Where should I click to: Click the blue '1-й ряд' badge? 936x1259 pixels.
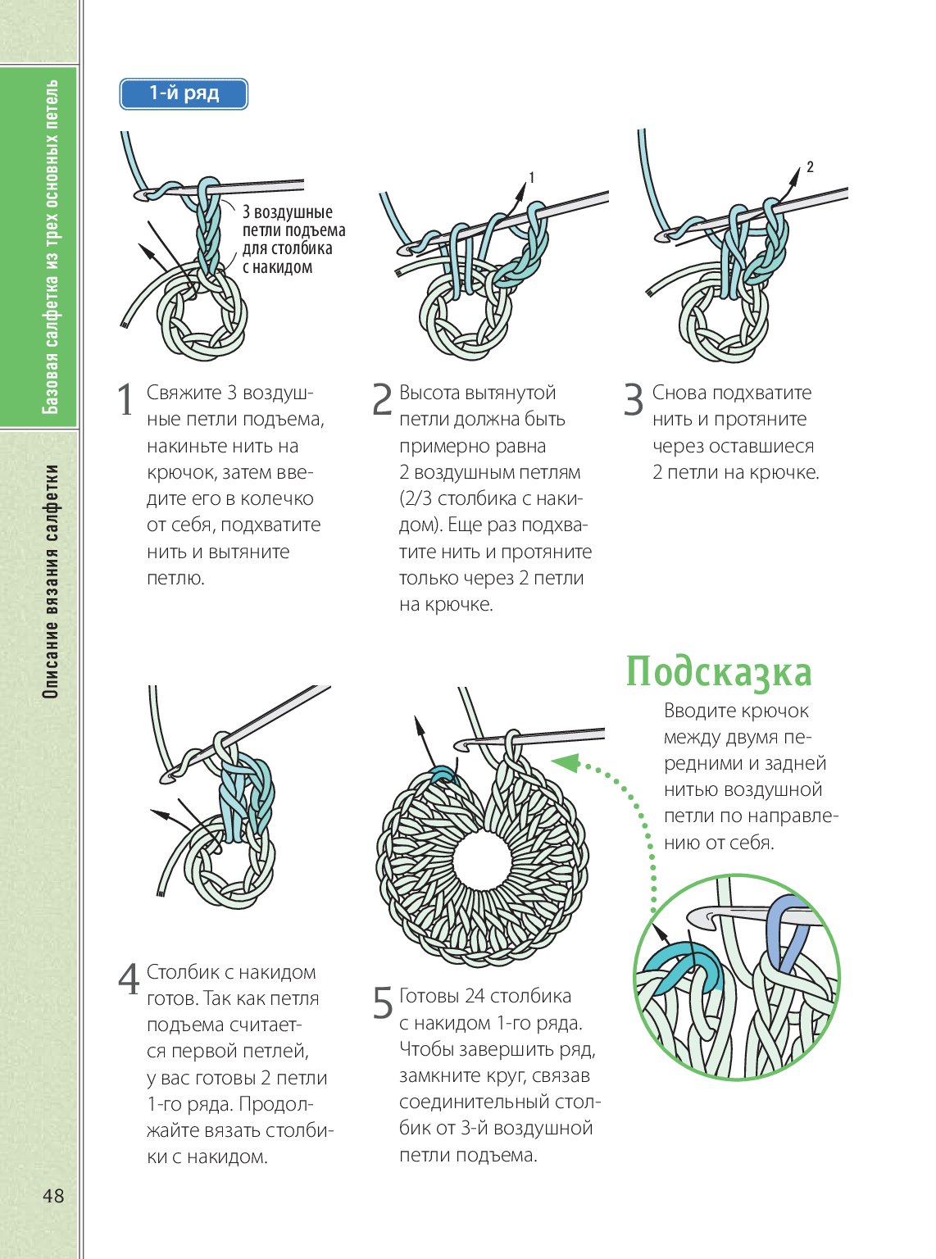[x=184, y=94]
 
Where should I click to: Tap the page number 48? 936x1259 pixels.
[x=53, y=1196]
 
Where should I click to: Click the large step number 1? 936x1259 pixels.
[x=125, y=400]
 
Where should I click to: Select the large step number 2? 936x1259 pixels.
[x=382, y=400]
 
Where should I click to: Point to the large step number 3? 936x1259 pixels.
[x=634, y=400]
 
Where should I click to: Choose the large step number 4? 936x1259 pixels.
[x=129, y=979]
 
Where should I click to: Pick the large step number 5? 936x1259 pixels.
[x=383, y=1003]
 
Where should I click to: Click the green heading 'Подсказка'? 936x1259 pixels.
[x=718, y=672]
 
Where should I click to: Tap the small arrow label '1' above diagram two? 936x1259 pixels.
[x=532, y=178]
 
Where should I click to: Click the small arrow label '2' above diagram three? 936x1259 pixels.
[x=810, y=167]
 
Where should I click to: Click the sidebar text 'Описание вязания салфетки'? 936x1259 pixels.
[x=52, y=581]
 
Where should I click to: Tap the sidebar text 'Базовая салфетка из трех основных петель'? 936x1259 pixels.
[x=52, y=246]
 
